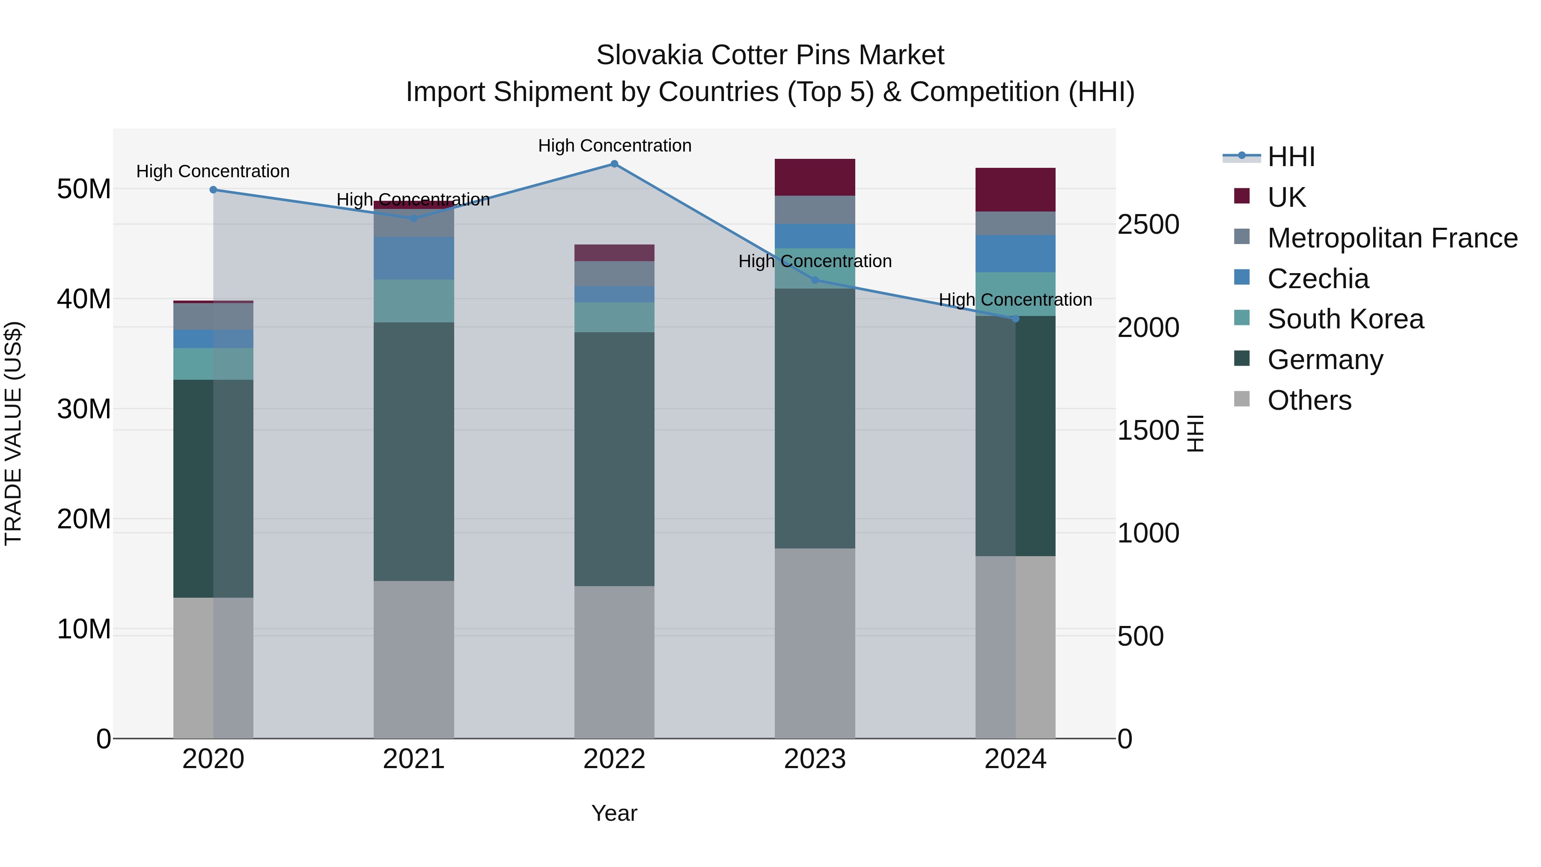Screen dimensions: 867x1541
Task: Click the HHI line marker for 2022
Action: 614,164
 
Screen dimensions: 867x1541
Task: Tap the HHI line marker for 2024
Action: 1015,318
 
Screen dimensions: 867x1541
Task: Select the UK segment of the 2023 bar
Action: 815,177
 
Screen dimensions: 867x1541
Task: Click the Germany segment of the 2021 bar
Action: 414,452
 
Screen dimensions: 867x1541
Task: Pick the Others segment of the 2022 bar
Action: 614,662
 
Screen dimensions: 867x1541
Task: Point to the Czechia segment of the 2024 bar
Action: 1015,254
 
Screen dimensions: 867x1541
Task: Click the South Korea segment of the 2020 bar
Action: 213,364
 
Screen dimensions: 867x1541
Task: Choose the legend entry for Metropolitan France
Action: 1392,238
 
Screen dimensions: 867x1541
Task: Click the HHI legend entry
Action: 1291,157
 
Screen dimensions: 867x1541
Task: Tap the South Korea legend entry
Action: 1345,319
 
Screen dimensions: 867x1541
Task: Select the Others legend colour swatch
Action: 1242,399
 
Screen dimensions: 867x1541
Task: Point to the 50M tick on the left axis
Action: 84,189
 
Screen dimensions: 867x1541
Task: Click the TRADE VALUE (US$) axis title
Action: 14,433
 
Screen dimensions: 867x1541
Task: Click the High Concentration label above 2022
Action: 614,146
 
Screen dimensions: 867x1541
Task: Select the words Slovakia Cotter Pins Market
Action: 770,55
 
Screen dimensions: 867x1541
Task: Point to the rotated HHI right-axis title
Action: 1195,433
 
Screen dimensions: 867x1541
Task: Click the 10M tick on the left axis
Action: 84,629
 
